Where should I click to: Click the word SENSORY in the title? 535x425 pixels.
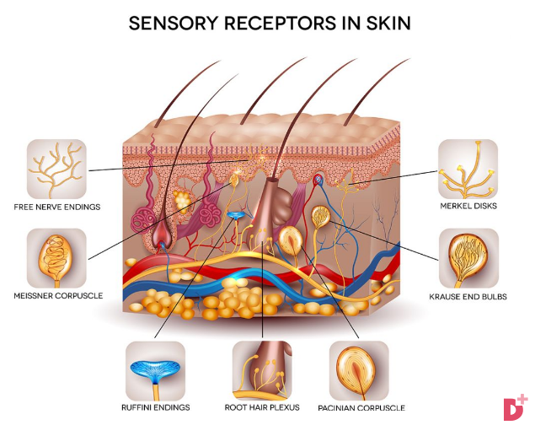pyautogui.click(x=174, y=24)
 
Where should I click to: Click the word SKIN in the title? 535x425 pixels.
pyautogui.click(x=388, y=24)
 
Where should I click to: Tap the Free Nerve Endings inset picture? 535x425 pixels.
pyautogui.click(x=56, y=169)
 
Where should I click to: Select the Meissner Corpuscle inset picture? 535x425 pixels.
pyautogui.click(x=56, y=258)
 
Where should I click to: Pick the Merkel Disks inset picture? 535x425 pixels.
pyautogui.click(x=468, y=169)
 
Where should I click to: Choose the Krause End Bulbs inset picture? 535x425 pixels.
pyautogui.click(x=468, y=258)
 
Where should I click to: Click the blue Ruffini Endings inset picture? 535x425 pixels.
pyautogui.click(x=156, y=371)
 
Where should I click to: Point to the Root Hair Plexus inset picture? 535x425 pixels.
pyautogui.click(x=262, y=371)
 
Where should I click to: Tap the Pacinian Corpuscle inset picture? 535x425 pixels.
pyautogui.click(x=359, y=371)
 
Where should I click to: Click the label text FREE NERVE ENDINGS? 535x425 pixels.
pyautogui.click(x=57, y=207)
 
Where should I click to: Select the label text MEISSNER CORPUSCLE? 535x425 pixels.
pyautogui.click(x=58, y=296)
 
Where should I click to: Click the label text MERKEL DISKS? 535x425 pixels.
pyautogui.click(x=468, y=206)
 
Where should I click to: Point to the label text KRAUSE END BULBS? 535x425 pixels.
pyautogui.click(x=468, y=297)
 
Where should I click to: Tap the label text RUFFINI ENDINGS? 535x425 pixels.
pyautogui.click(x=156, y=407)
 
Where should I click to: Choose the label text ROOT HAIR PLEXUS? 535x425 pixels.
pyautogui.click(x=262, y=407)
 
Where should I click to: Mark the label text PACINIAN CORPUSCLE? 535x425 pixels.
pyautogui.click(x=361, y=408)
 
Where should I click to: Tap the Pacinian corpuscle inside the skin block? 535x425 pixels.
pyautogui.click(x=291, y=240)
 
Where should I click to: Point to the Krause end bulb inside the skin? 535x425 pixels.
pyautogui.click(x=321, y=217)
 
